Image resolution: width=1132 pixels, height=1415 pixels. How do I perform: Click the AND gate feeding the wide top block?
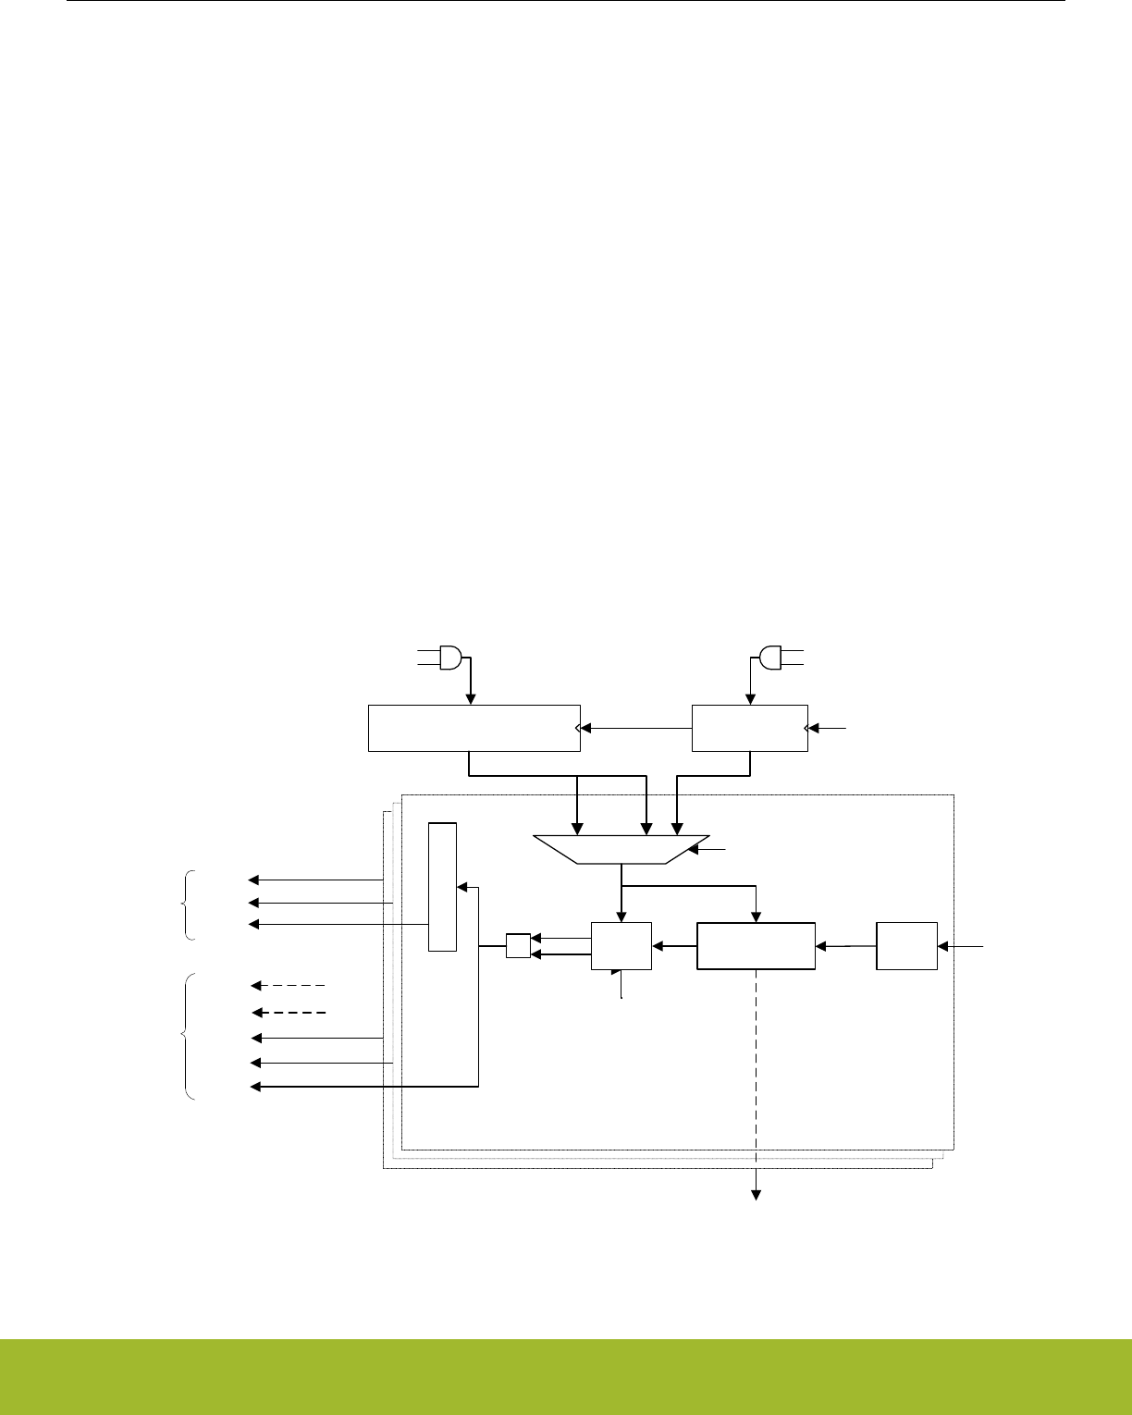pos(450,658)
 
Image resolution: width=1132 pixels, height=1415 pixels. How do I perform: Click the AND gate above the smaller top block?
pos(769,658)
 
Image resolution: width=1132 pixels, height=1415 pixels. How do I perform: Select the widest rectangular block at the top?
pos(474,728)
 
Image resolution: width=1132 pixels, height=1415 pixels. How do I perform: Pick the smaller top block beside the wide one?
pos(750,728)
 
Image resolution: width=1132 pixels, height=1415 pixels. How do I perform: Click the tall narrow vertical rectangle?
pos(442,885)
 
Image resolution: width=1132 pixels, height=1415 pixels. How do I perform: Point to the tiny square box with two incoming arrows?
pos(518,946)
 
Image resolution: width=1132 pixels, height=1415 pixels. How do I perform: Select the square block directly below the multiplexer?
pos(621,945)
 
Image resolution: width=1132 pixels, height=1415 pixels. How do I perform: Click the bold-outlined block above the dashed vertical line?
pos(756,945)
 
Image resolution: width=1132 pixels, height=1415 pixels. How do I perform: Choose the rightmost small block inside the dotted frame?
pos(906,945)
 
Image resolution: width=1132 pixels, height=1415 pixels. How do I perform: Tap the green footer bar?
pos(566,1376)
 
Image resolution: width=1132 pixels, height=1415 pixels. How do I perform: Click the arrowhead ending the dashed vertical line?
pos(757,1195)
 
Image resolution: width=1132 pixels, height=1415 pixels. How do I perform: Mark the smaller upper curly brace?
pos(190,905)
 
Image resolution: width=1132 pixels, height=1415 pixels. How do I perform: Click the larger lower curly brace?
pos(190,1037)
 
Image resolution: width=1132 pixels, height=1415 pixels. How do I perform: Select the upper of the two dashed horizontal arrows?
pos(289,986)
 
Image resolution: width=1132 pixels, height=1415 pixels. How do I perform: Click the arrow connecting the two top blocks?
pos(636,728)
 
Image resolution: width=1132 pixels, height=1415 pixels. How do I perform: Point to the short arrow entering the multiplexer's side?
pos(713,848)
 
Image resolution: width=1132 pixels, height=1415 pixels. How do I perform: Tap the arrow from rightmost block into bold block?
pos(845,946)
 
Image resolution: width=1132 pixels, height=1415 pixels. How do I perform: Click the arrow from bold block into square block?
pos(673,946)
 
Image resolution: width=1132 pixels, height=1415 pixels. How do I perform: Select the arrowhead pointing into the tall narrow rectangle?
pos(461,888)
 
